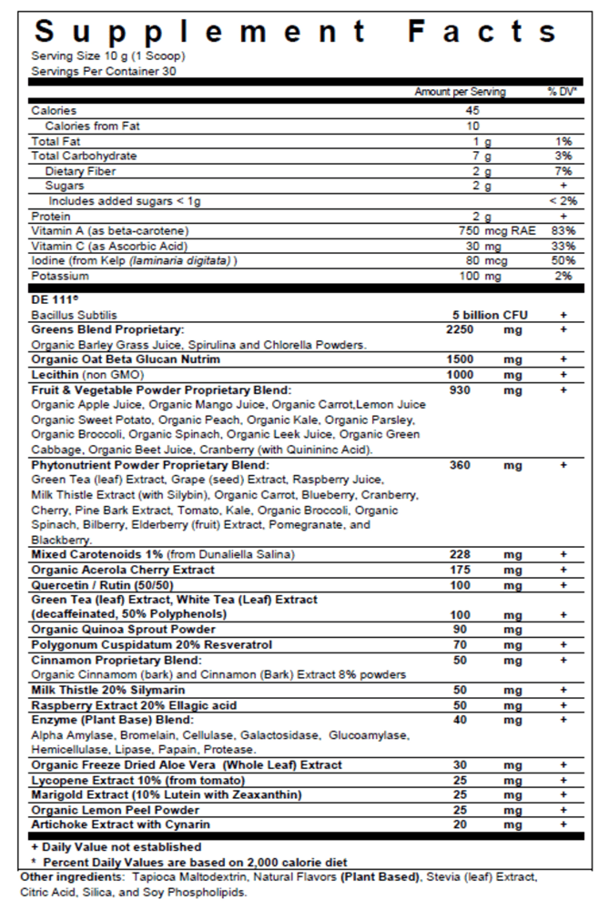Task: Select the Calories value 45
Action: (x=472, y=110)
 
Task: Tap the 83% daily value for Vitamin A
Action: (x=562, y=231)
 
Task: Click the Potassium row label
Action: (x=60, y=276)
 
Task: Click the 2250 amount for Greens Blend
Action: (x=462, y=329)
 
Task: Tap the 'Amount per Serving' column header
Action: (x=460, y=92)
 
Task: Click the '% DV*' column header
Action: (x=562, y=92)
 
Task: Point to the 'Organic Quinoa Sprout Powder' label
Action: (x=123, y=629)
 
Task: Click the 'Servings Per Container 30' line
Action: (x=104, y=70)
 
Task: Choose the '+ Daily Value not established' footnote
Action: (x=107, y=847)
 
